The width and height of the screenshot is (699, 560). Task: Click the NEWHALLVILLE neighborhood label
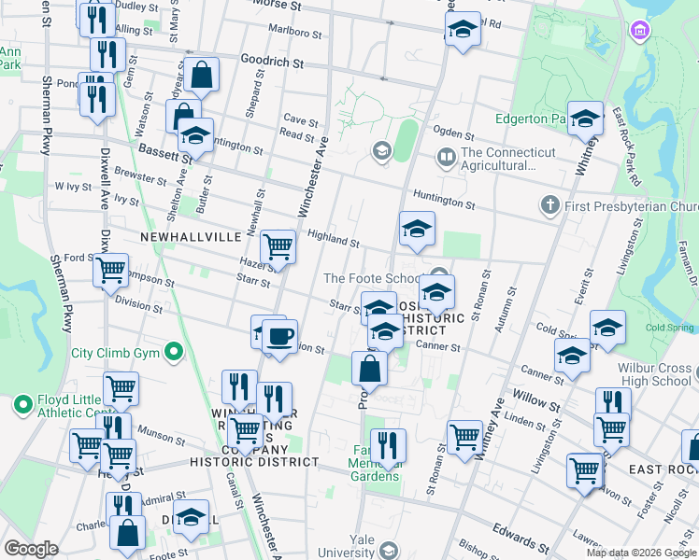tap(192, 238)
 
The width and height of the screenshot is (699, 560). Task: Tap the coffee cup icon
tap(278, 334)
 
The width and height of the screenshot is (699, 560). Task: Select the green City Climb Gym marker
tap(172, 353)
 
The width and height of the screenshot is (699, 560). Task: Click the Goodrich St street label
tap(272, 63)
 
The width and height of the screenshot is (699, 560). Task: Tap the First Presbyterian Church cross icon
tap(549, 204)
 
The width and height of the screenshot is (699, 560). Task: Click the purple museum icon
tap(639, 32)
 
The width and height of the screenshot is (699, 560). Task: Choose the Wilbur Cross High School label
tap(654, 374)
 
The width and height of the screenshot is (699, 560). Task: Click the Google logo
tap(32, 549)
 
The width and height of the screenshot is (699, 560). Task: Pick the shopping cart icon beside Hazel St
tap(278, 247)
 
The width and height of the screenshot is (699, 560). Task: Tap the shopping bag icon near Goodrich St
tap(201, 74)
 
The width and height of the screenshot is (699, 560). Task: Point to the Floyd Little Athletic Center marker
tap(21, 405)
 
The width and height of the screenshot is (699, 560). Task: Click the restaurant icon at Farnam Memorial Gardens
tap(387, 444)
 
